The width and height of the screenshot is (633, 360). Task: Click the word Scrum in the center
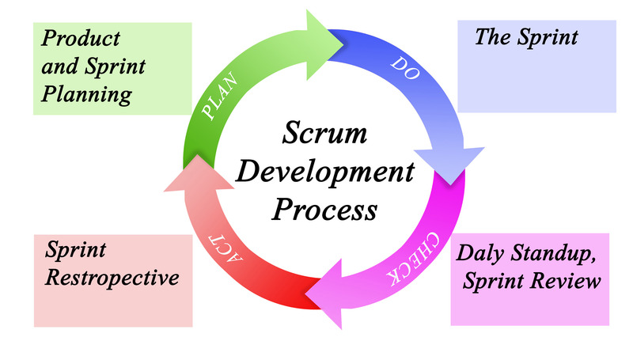(324, 134)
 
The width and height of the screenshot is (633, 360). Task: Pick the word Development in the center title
(324, 172)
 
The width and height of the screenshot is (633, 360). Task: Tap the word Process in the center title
(324, 210)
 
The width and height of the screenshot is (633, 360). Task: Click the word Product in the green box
(81, 38)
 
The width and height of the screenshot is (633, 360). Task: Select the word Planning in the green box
(86, 95)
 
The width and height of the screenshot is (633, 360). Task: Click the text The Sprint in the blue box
(526, 36)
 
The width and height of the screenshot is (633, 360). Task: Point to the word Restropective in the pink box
(111, 279)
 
